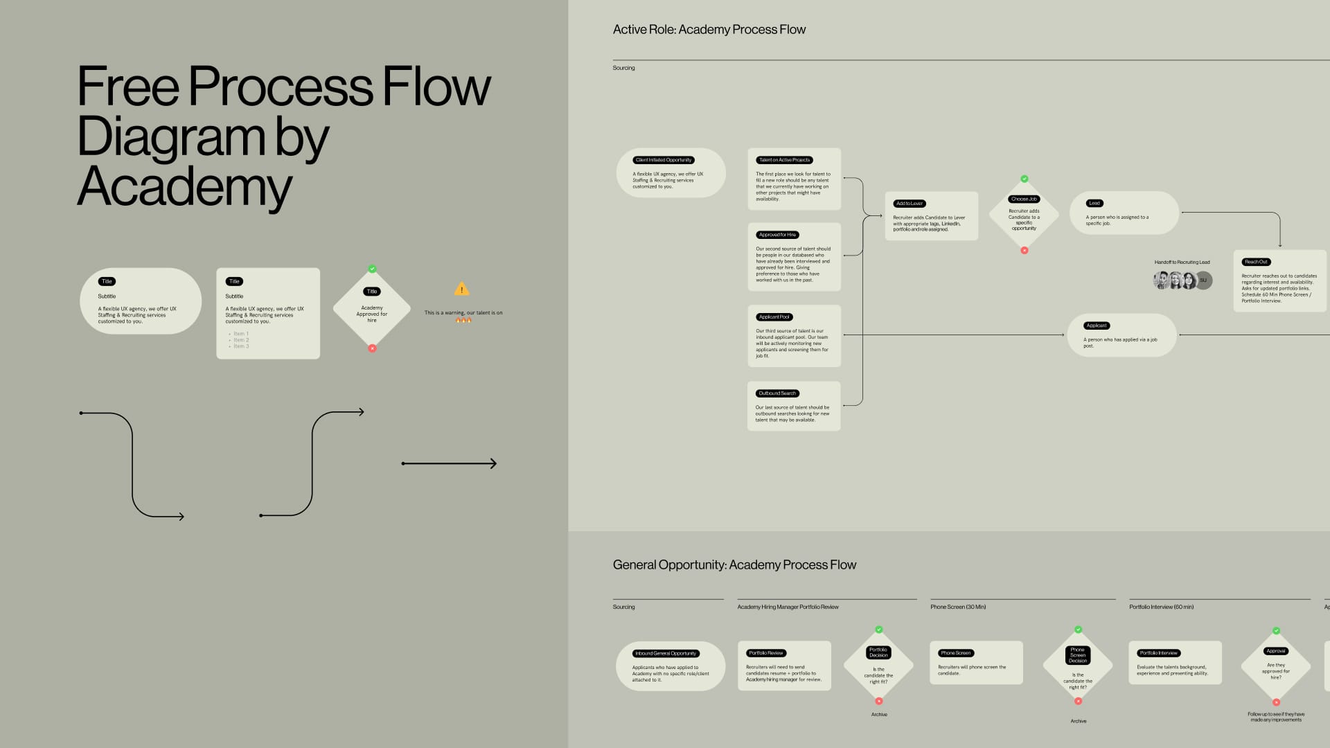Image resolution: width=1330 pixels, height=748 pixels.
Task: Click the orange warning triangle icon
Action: coord(461,290)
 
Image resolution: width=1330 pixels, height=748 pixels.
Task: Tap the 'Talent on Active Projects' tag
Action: coord(784,160)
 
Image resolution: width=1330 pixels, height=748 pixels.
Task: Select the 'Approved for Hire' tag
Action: coord(777,235)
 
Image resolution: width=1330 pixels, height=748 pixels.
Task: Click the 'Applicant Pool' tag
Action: coord(774,317)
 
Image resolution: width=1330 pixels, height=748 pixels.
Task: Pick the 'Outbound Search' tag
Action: coord(777,393)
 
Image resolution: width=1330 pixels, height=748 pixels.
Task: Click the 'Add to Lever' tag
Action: coord(909,204)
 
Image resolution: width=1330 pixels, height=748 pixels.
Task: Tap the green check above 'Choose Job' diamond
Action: coord(1025,179)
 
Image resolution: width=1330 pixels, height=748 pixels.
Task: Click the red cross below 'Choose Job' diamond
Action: coord(1025,251)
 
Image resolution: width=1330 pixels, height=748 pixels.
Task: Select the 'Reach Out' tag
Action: coord(1256,262)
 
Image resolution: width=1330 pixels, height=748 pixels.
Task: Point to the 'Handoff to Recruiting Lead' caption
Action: coord(1182,262)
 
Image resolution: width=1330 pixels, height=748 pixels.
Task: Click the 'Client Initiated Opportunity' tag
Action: coord(664,160)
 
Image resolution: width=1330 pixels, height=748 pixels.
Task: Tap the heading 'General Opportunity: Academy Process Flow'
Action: coord(734,565)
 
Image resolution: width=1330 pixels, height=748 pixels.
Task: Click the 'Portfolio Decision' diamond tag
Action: coord(878,652)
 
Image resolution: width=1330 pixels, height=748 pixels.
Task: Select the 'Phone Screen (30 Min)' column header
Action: coord(958,607)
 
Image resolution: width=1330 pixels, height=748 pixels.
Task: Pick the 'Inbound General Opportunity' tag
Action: coord(666,653)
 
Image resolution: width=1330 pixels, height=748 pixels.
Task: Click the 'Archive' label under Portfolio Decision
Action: coord(879,715)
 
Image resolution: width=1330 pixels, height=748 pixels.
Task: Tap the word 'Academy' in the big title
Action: coord(184,187)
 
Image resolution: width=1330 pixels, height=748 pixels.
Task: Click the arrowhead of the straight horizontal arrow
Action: coord(494,463)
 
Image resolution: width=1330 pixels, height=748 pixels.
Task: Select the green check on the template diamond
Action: coord(372,269)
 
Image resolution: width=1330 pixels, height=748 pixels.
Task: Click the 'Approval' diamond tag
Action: coord(1276,651)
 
